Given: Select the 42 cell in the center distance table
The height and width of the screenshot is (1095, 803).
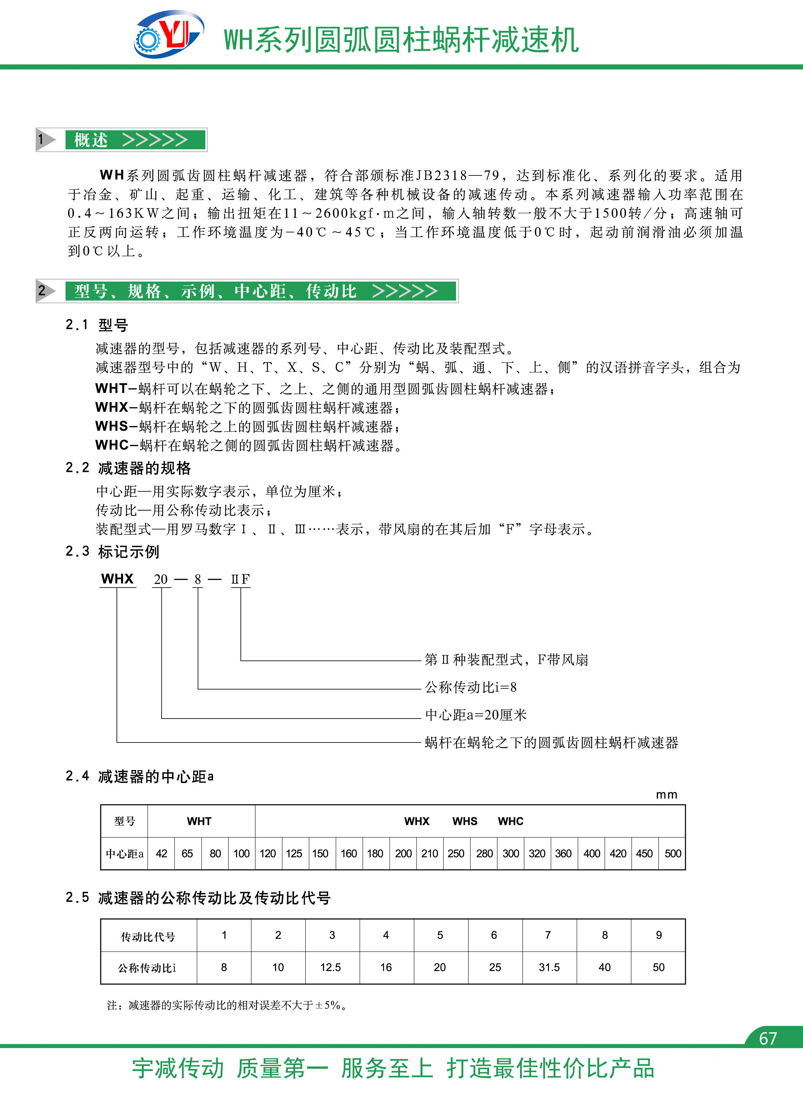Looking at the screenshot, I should (162, 854).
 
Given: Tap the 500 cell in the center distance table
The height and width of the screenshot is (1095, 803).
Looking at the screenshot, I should (673, 854).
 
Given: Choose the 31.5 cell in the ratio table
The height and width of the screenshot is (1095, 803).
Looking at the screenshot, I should (549, 967).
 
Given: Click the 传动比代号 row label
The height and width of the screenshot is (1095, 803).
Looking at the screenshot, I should (148, 936).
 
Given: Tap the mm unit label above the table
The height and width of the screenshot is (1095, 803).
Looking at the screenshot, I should (666, 795).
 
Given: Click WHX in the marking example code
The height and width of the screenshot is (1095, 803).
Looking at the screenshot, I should (117, 579).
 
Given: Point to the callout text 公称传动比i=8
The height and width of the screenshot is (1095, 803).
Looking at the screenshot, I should (471, 687).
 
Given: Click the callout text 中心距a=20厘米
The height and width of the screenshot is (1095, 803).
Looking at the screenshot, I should (476, 715).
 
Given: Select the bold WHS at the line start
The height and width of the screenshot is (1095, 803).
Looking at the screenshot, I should (112, 426).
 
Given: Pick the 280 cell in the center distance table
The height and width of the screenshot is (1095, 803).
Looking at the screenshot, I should (484, 854).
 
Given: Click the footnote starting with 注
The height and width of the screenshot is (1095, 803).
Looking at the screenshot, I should (227, 1005).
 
